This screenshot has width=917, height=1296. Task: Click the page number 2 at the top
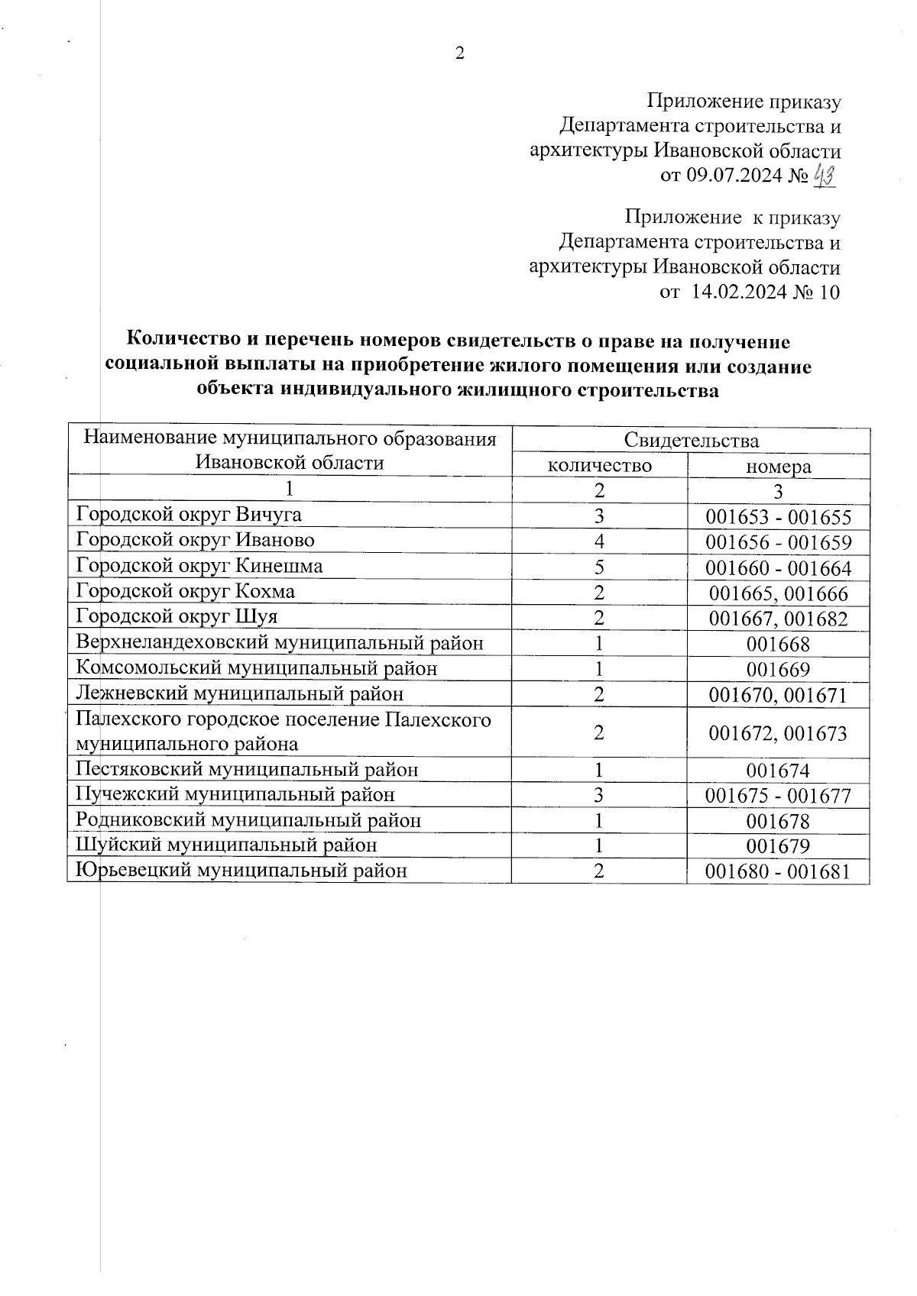459,53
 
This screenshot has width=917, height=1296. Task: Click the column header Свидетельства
691,441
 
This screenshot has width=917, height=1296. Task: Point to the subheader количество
600,465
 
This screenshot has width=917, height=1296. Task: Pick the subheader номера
778,467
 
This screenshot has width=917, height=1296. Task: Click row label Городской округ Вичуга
189,515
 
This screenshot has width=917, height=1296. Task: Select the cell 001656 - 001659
778,543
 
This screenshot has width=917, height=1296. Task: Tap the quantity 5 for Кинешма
600,567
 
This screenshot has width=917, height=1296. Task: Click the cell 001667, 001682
778,619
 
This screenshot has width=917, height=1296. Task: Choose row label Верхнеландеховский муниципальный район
280,643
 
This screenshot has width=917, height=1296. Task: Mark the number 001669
778,670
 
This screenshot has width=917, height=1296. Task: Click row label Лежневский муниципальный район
240,694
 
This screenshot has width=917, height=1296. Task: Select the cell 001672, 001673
778,734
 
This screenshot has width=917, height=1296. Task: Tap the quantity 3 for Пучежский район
600,795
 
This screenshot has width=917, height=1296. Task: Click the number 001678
778,822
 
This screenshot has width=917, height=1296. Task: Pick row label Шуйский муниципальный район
226,845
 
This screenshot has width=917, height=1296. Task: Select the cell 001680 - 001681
778,871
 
